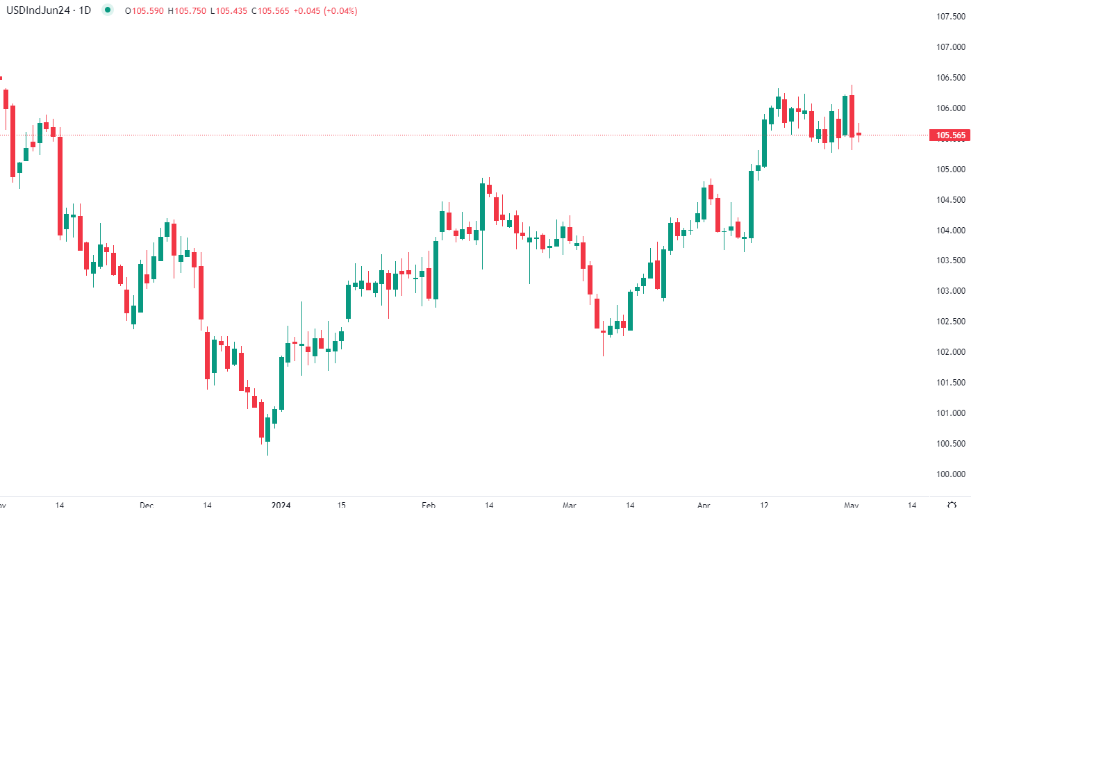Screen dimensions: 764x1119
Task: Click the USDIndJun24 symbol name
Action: point(38,10)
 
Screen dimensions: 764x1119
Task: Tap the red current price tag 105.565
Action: point(950,135)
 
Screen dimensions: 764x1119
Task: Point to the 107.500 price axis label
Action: point(950,17)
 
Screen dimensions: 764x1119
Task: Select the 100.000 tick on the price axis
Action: point(950,474)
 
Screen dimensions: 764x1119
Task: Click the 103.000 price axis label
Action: point(950,291)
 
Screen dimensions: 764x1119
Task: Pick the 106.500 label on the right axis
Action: point(950,78)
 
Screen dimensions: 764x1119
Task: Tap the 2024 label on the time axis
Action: point(281,505)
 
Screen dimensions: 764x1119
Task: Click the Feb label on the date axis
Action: point(429,505)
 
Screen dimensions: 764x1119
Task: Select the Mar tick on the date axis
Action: point(570,505)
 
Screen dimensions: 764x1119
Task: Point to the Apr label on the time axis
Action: point(704,505)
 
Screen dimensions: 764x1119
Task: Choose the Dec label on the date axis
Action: point(147,505)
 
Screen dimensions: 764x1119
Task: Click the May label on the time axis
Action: point(852,505)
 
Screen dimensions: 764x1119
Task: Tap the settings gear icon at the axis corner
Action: point(952,505)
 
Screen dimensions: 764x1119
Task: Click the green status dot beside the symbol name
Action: point(107,10)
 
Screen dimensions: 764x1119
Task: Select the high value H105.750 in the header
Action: point(187,11)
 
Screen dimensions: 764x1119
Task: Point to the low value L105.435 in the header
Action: point(229,11)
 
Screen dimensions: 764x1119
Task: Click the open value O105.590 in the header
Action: point(144,11)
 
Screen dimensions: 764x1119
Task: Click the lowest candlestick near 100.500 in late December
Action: point(267,429)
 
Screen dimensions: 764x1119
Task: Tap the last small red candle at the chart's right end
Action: point(859,134)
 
